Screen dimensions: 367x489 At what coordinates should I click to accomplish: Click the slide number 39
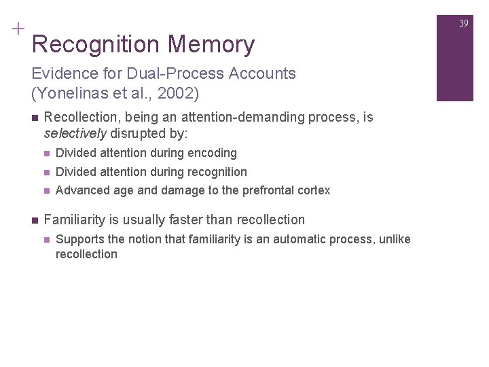464,24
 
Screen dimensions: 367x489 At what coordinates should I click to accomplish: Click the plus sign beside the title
17,29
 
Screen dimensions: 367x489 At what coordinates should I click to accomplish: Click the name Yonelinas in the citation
69,90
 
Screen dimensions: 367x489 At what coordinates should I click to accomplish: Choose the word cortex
314,191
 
